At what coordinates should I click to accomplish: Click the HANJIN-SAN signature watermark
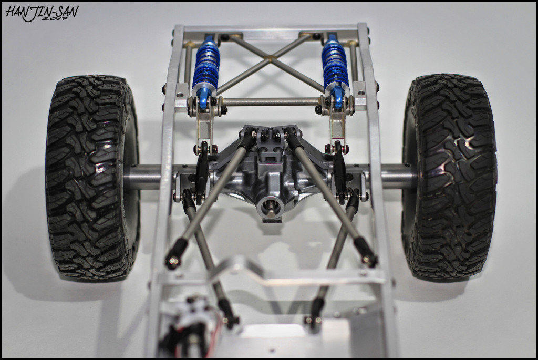pos(42,13)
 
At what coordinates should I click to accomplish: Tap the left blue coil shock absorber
pos(206,69)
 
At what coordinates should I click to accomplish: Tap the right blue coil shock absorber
pos(335,69)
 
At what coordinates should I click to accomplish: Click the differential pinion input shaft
pos(270,208)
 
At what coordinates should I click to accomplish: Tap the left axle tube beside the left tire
pos(142,177)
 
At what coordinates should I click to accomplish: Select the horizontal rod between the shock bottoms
pos(271,101)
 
